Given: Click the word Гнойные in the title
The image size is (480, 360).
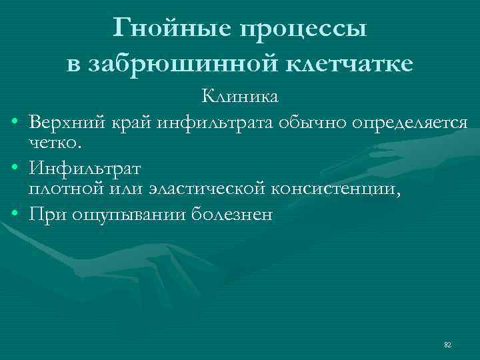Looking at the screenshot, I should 171,28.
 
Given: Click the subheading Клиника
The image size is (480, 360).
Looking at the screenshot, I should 240,97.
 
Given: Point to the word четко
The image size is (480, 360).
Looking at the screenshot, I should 54,142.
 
